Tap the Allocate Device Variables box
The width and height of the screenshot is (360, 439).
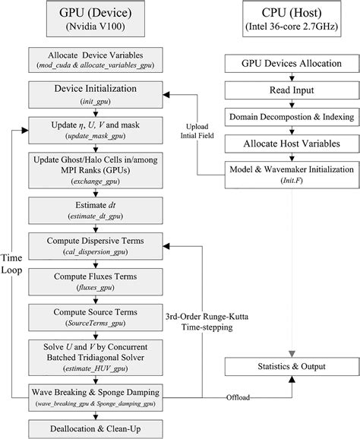click(x=95, y=62)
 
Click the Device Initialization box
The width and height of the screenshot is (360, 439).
click(x=95, y=93)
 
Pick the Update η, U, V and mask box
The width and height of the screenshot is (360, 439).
click(x=95, y=127)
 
